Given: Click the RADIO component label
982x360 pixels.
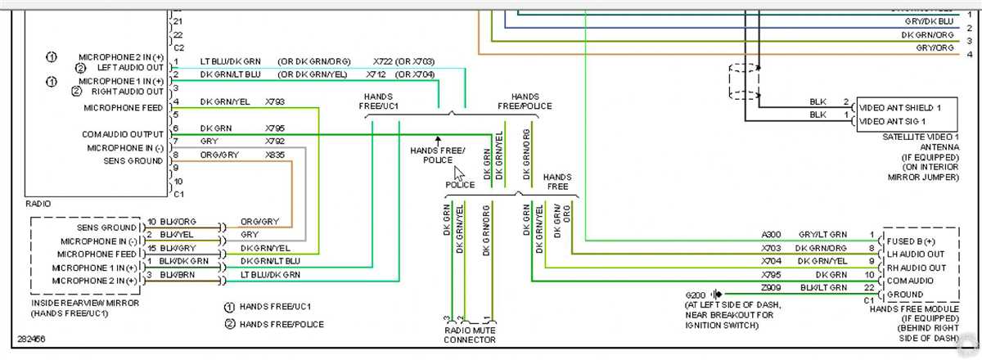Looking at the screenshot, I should pos(38,204).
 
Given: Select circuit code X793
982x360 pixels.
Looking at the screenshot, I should pos(275,102).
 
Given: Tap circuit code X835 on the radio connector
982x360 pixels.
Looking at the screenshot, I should pos(275,155).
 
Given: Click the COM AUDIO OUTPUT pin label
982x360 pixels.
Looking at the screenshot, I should pos(123,134).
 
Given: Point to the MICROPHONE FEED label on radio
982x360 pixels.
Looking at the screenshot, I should pos(124,108).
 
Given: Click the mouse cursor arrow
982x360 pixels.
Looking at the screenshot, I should pos(459,174).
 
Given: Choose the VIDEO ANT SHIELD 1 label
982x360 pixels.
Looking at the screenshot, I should pos(904,108).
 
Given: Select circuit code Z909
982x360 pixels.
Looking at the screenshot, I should pos(772,287).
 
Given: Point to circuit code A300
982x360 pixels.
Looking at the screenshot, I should pos(772,235).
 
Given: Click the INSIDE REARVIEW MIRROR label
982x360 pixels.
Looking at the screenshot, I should pos(84,303).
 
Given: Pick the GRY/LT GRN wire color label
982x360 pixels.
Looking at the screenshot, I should pos(821,235).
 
